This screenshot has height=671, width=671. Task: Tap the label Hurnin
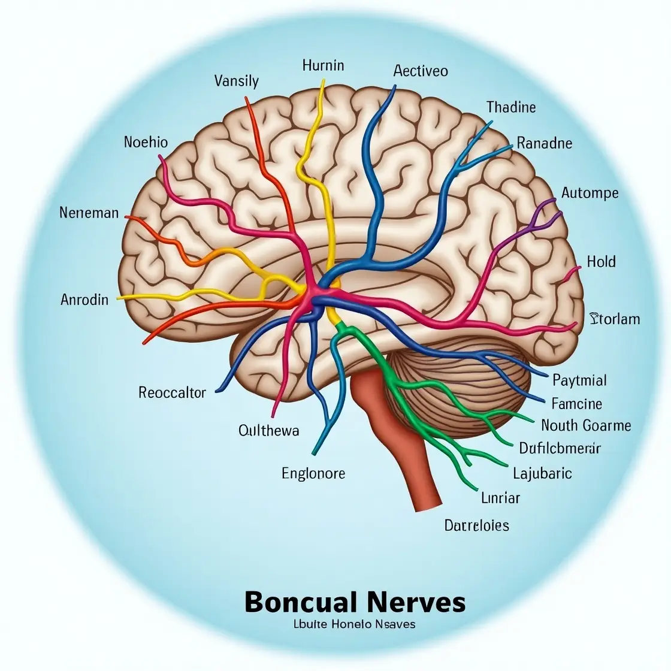[323, 65]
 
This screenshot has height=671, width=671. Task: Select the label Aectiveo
[421, 71]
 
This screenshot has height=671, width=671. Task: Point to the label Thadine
[511, 107]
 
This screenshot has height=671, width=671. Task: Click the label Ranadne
[544, 143]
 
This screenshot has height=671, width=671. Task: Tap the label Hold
[601, 262]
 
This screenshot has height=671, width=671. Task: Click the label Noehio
[146, 142]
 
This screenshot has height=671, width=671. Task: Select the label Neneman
[89, 213]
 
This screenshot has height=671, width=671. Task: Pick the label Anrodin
[84, 300]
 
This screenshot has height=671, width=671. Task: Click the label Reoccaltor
[172, 393]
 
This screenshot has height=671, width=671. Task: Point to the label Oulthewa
[268, 430]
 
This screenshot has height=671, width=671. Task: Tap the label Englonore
[313, 473]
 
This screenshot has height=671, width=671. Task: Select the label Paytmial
[579, 380]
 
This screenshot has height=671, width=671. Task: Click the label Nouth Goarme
[586, 425]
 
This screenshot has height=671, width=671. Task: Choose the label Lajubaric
[542, 473]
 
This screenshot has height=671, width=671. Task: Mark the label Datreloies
[477, 525]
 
